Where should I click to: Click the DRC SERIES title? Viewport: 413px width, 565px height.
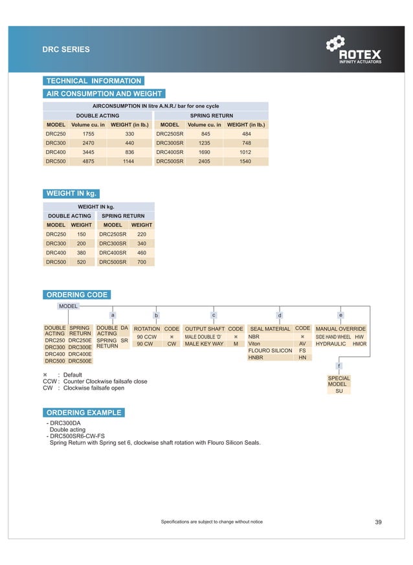click(66, 49)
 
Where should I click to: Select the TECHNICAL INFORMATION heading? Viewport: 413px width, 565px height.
click(93, 81)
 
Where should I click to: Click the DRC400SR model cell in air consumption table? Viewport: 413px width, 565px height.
click(170, 151)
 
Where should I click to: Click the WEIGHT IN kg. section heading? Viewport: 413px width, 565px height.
click(71, 194)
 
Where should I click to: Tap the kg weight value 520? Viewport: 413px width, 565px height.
click(81, 262)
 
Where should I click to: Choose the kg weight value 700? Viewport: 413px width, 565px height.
click(142, 262)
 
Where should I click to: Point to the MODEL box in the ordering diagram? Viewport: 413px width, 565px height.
click(69, 306)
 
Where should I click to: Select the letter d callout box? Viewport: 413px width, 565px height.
click(280, 315)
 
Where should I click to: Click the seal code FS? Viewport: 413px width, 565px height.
click(302, 350)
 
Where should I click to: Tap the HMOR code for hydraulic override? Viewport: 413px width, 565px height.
click(359, 344)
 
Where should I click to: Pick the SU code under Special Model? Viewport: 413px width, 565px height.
click(339, 391)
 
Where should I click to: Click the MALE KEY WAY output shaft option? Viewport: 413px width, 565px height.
click(204, 344)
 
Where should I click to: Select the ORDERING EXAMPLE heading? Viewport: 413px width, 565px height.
click(84, 412)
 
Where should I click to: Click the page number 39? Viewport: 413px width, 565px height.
click(379, 522)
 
